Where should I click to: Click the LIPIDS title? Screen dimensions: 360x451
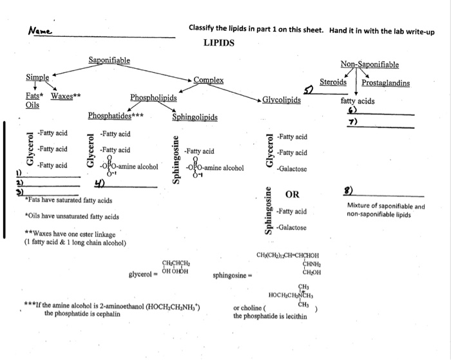tap(218, 43)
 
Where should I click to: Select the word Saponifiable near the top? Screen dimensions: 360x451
tap(109, 60)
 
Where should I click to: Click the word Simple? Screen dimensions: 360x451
tap(37, 77)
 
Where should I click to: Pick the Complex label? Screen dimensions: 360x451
tap(208, 80)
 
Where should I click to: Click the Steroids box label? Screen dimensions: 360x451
tap(333, 82)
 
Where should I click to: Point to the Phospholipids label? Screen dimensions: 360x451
tap(153, 98)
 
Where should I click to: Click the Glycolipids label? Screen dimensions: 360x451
tap(282, 100)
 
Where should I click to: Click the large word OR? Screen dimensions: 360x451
tap(293, 194)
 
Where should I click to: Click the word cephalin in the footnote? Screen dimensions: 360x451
tap(108, 314)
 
